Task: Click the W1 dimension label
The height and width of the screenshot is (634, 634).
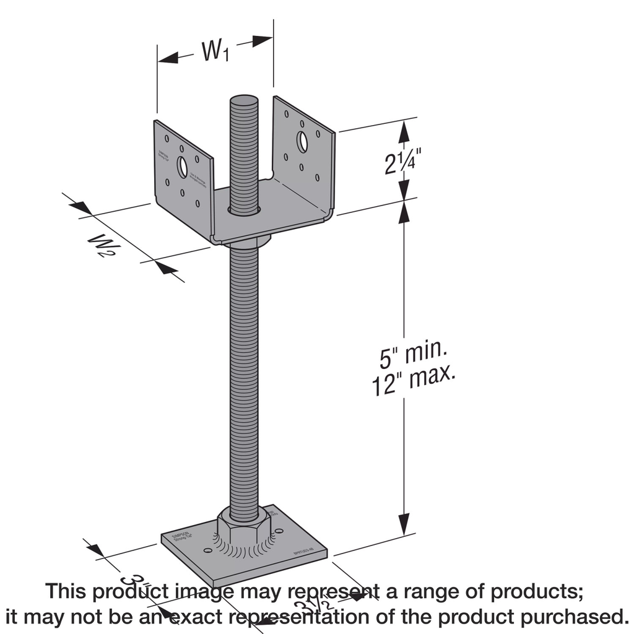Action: point(215,52)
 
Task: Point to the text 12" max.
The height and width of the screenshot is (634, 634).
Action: point(413,383)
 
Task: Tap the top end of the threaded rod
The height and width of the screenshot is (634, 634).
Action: point(243,101)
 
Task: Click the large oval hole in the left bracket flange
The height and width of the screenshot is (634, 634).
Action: point(182,166)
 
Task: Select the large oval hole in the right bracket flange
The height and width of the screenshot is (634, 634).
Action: point(302,141)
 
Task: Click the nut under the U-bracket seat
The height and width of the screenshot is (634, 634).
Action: point(248,241)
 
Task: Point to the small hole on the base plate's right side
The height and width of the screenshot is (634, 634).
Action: point(277,531)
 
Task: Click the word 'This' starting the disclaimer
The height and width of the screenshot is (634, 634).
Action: point(66,591)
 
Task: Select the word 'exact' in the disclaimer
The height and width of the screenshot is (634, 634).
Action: point(197,617)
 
